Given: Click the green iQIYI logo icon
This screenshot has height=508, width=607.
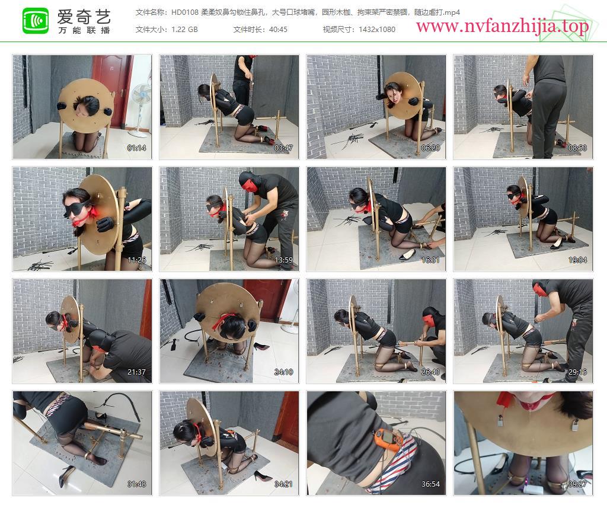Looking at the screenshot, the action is coord(36,21).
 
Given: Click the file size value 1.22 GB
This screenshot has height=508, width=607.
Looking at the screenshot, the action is coord(185,30).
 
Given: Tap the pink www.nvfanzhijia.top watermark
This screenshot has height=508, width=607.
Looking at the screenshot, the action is coord(502,26).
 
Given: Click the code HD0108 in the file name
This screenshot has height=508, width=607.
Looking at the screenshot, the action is coord(185,12).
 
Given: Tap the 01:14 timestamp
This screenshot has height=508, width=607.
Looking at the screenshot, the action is coord(137,148).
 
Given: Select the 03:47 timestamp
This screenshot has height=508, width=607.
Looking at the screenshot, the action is coord(283,148).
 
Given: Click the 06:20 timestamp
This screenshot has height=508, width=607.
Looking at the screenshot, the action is coord(430,148).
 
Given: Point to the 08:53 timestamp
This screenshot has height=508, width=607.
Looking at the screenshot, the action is coord(577,148).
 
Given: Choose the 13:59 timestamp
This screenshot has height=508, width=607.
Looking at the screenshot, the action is coord(283,260).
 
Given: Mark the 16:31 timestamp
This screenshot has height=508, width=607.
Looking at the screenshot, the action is coord(430,260).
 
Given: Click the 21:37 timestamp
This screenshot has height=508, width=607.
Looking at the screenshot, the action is coord(137,372).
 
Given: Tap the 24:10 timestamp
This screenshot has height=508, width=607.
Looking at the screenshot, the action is coord(283,372).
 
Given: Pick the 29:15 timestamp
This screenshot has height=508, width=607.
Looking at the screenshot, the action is coord(577,372).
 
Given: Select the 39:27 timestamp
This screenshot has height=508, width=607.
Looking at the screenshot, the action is coord(577,484).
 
